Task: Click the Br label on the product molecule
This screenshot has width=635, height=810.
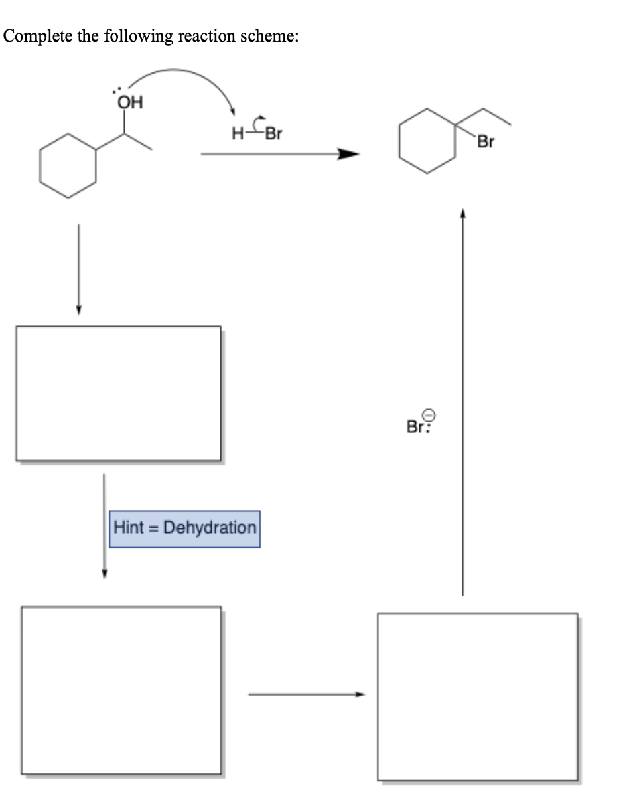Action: [x=487, y=143]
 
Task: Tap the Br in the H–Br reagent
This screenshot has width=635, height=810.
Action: [x=273, y=133]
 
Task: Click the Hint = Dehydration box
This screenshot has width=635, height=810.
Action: [x=184, y=528]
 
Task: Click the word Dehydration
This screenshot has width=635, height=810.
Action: [x=210, y=528]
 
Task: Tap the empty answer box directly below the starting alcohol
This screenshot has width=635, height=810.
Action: [x=118, y=393]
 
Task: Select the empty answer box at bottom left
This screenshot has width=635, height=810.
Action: [x=121, y=690]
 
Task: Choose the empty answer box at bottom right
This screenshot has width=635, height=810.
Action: [x=477, y=696]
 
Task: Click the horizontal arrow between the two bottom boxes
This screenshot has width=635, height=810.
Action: [x=307, y=694]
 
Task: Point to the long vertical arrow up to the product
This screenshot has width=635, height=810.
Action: [x=462, y=402]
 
